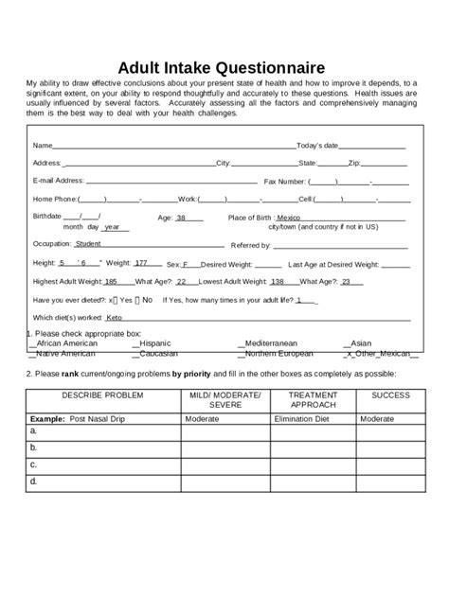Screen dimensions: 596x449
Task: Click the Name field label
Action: coord(42,146)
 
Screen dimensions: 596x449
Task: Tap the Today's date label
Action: coord(317,146)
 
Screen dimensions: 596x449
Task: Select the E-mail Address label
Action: coord(59,180)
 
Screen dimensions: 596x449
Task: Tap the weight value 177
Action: coord(140,263)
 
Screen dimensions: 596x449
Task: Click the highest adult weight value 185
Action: coord(111,281)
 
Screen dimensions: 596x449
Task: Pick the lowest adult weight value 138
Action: coord(277,281)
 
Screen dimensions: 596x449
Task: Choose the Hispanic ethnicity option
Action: coord(155,343)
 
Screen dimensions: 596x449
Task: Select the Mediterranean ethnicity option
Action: coord(269,343)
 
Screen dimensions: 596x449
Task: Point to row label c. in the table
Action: coord(34,465)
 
